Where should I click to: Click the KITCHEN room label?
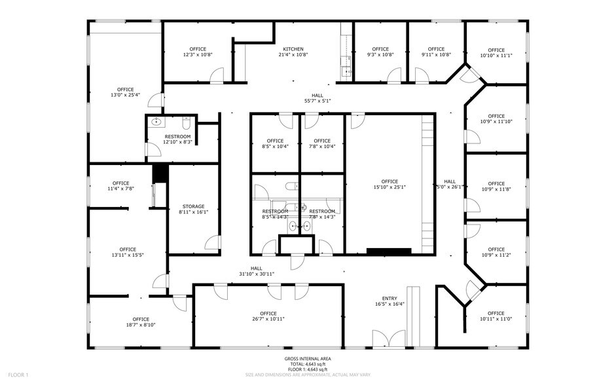pos(293,49)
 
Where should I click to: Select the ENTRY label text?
pos(390,298)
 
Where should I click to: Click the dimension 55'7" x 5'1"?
pos(317,101)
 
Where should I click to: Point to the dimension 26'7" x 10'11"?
pos(268,320)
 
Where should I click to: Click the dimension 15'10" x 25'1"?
pos(390,187)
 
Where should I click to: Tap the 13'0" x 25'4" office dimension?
pos(125,96)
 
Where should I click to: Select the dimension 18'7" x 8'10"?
pos(141,325)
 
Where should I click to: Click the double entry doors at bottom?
pos(389,339)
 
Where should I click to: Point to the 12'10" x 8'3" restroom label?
pos(177,142)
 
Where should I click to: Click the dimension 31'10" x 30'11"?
pos(256,274)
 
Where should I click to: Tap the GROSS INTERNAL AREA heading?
pos(307,359)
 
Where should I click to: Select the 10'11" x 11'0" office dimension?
pos(496,319)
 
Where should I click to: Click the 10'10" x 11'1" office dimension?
pos(496,56)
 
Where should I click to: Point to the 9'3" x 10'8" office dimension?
pos(380,55)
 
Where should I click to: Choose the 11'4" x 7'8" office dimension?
pos(120,189)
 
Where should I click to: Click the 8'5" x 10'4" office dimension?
pos(275,147)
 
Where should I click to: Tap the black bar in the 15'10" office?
pos(389,251)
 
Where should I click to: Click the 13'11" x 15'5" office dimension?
pos(128,255)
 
